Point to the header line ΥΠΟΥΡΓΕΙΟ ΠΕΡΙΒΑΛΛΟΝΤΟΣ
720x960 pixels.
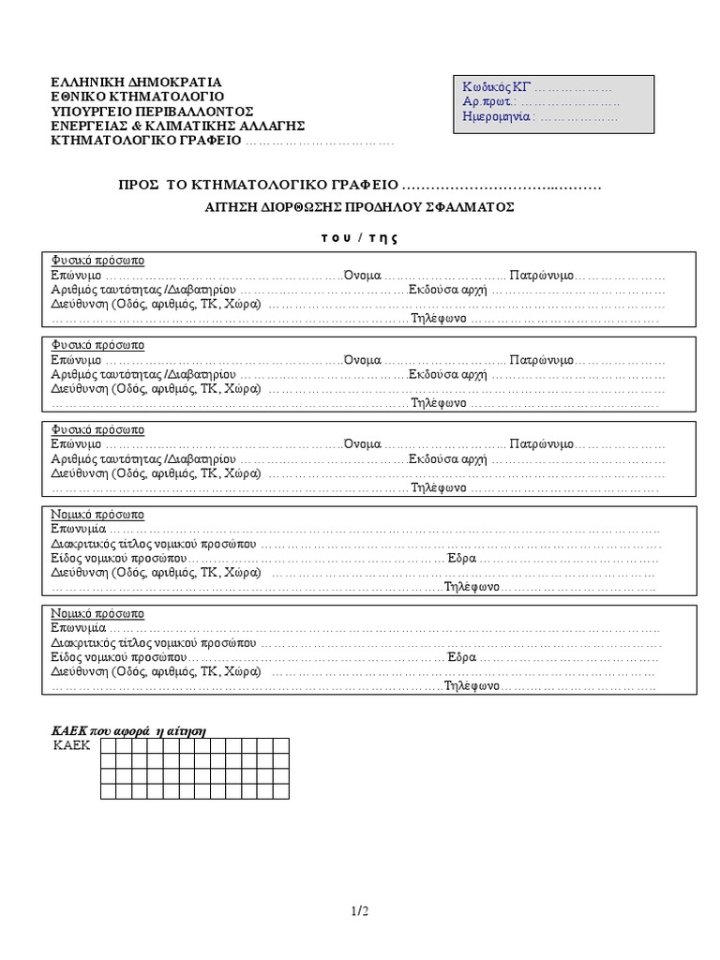(152, 112)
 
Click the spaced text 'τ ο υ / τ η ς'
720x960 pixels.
(353, 237)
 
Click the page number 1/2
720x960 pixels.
(360, 910)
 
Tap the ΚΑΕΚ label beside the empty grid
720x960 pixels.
(71, 746)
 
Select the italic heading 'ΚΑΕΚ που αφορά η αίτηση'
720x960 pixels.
(127, 730)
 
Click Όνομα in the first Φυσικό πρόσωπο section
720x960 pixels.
(362, 277)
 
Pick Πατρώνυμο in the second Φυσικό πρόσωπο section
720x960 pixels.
(543, 360)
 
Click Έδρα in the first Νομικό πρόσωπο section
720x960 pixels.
(462, 558)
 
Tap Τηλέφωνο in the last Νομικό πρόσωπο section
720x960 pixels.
(471, 686)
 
